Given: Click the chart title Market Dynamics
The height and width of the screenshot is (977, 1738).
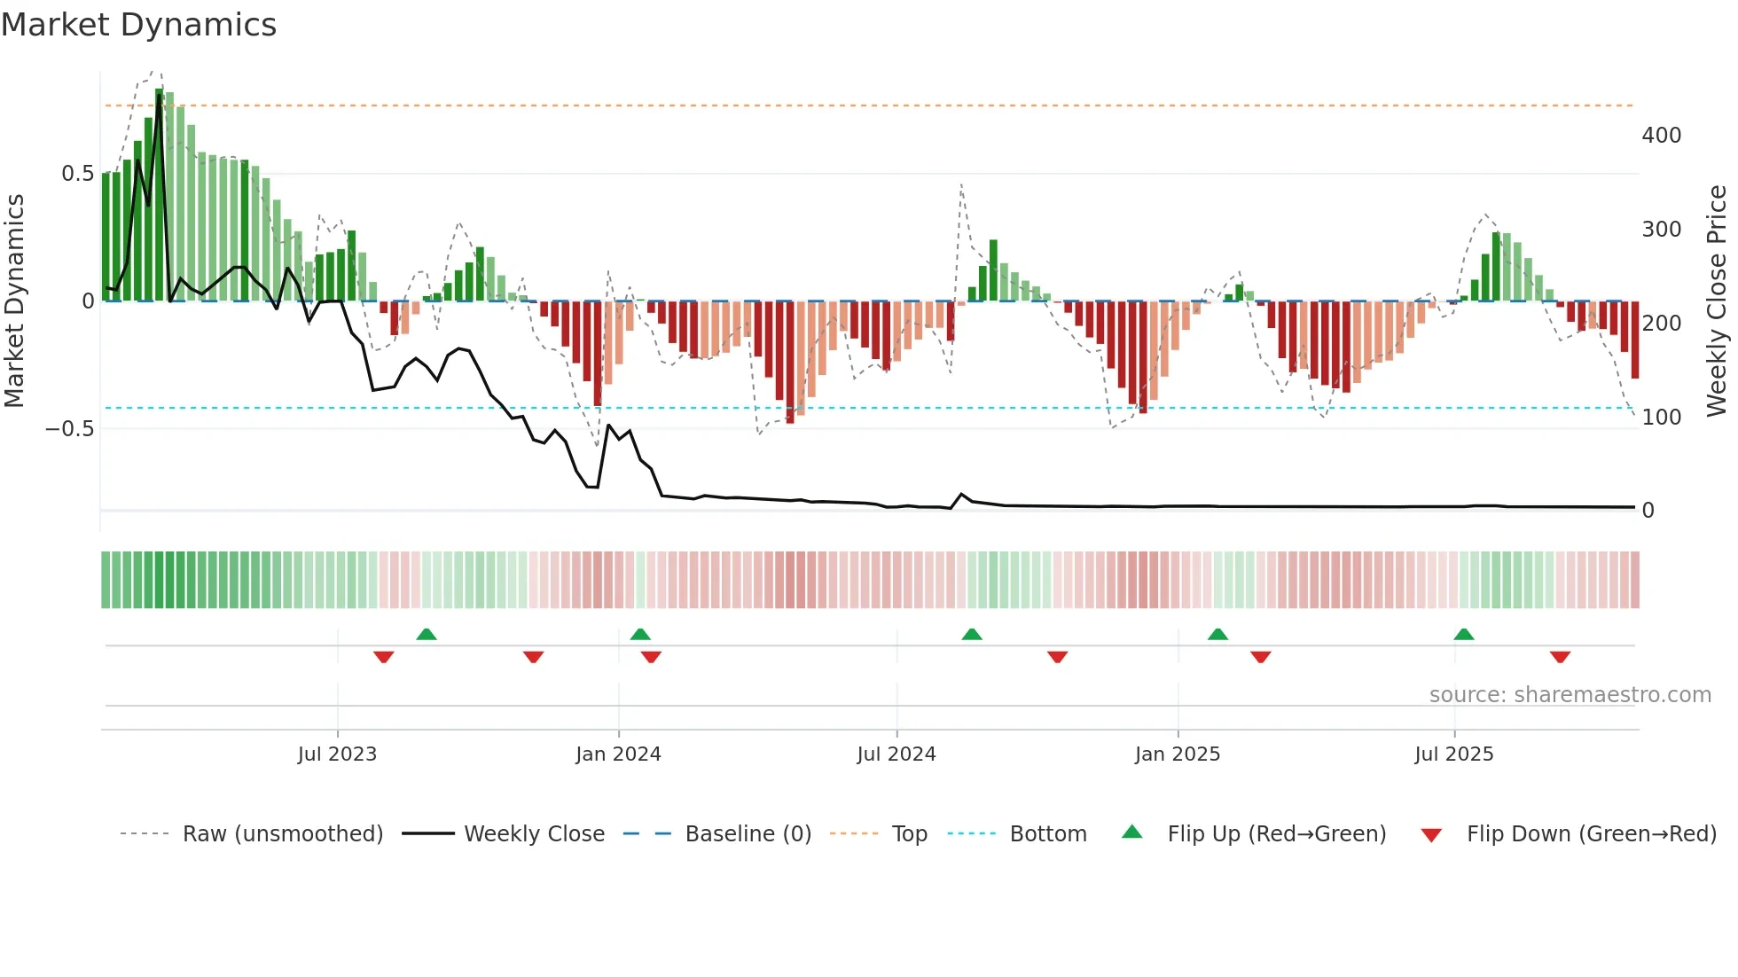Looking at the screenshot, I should click(x=138, y=25).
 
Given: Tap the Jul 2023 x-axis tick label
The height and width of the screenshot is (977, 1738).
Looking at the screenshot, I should click(x=337, y=754).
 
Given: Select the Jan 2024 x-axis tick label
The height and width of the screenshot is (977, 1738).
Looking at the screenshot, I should click(x=618, y=754).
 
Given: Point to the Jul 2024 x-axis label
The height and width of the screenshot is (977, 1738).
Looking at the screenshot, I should click(x=896, y=754).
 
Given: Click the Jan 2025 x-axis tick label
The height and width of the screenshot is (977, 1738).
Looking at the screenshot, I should click(x=1178, y=754).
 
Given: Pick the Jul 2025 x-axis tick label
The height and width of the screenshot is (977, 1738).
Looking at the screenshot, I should click(x=1454, y=754).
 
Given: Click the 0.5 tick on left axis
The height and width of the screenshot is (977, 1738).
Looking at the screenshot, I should click(x=77, y=174).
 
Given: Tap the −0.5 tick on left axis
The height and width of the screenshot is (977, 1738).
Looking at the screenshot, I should click(x=69, y=429).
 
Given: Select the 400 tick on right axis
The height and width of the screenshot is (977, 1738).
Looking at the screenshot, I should click(x=1661, y=136).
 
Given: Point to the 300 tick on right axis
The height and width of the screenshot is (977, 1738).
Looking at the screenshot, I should click(x=1661, y=230).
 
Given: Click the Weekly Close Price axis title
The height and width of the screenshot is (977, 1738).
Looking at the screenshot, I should click(x=1717, y=301).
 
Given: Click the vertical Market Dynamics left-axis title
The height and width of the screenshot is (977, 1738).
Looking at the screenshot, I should click(x=14, y=301).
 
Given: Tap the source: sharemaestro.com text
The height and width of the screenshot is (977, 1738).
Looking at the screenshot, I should click(x=1570, y=695).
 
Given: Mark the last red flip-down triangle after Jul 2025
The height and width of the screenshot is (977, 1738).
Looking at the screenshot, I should click(x=1560, y=657).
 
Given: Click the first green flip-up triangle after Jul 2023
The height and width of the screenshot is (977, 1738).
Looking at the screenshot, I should click(x=427, y=634).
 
